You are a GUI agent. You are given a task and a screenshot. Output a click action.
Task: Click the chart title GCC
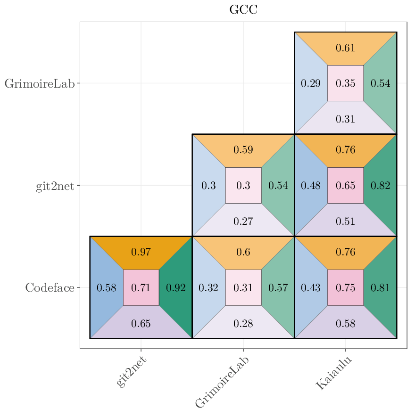[243, 10]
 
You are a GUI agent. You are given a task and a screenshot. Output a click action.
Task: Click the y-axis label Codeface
[50, 287]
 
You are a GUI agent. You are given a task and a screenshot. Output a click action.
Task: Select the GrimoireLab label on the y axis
[40, 84]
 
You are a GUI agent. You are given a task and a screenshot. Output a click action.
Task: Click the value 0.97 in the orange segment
[141, 252]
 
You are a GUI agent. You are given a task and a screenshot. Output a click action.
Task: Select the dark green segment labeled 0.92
[176, 287]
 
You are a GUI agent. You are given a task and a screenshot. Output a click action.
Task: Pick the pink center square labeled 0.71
[141, 287]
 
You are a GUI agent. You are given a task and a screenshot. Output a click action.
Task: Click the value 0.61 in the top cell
[345, 48]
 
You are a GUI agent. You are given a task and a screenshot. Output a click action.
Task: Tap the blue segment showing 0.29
[311, 83]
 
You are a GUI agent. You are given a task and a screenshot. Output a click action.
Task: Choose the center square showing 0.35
[345, 83]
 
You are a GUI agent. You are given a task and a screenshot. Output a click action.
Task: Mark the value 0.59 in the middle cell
[243, 150]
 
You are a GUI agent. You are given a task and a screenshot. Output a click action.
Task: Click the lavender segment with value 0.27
[243, 221]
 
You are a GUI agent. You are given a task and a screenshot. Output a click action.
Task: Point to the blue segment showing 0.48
[311, 186]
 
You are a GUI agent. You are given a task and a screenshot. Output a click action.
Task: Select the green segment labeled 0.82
[381, 186]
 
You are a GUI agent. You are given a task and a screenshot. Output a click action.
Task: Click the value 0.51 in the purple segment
[345, 221]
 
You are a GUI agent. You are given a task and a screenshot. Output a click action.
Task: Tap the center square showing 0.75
[345, 287]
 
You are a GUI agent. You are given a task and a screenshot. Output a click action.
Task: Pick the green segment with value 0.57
[278, 287]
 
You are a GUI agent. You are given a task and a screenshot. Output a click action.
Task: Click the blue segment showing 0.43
[311, 287]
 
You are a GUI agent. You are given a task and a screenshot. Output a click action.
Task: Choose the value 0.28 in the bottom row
[243, 323]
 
